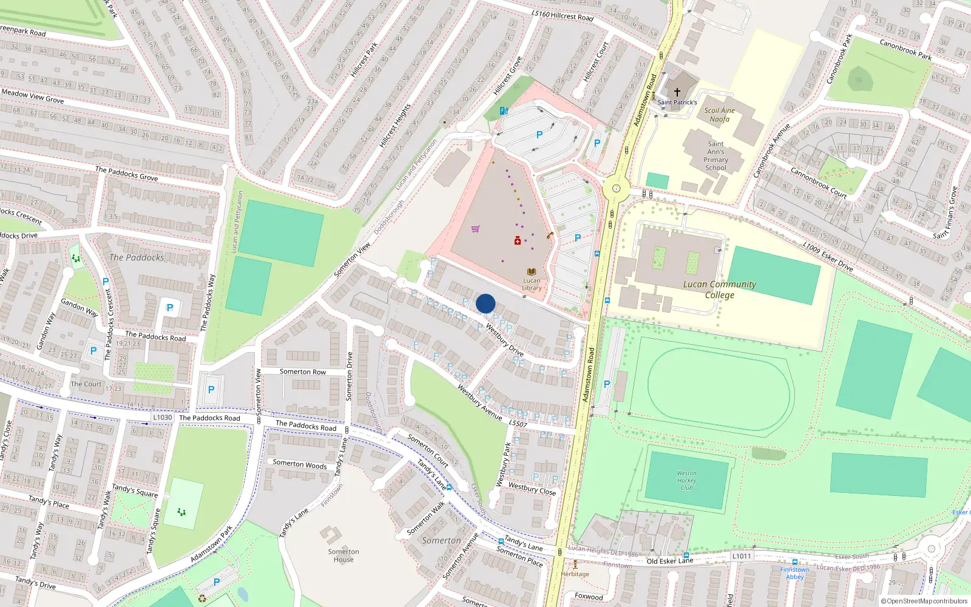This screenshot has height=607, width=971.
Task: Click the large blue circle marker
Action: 486,303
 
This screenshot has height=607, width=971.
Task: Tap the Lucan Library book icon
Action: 532,272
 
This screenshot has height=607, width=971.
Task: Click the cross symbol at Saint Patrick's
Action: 677,92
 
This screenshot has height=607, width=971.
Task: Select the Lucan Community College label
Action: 720,290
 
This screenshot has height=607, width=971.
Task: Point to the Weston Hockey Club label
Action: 686,480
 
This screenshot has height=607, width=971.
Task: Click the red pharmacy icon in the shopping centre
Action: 518,241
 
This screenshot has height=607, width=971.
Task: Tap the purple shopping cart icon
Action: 476,229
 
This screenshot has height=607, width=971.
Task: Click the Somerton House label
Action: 343,555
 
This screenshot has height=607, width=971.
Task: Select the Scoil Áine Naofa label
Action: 719,115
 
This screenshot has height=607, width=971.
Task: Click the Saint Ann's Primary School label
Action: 716,156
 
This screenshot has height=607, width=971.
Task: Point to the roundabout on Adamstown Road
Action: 616,189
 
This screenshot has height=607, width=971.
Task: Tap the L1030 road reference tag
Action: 163,417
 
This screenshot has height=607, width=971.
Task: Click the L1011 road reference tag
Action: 742,556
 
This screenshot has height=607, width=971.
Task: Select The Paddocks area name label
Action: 137,257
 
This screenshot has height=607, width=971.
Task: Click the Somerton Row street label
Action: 302,371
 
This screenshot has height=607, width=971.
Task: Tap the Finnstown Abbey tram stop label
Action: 794,573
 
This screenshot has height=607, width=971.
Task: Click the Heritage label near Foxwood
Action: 575,574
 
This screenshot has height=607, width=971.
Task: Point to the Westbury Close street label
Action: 532,489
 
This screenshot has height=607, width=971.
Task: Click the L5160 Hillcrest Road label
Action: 562,15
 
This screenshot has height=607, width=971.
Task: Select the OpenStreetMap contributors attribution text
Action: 924,602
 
